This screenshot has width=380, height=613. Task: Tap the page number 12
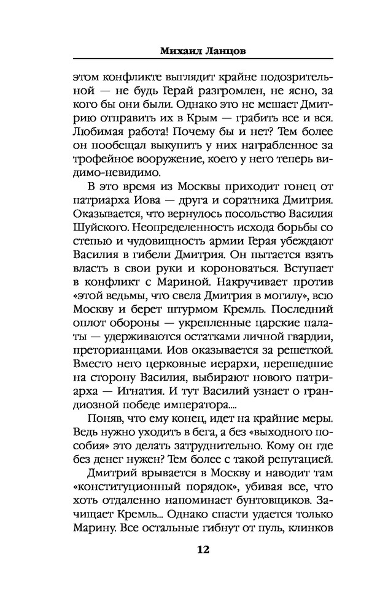tap(203, 549)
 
